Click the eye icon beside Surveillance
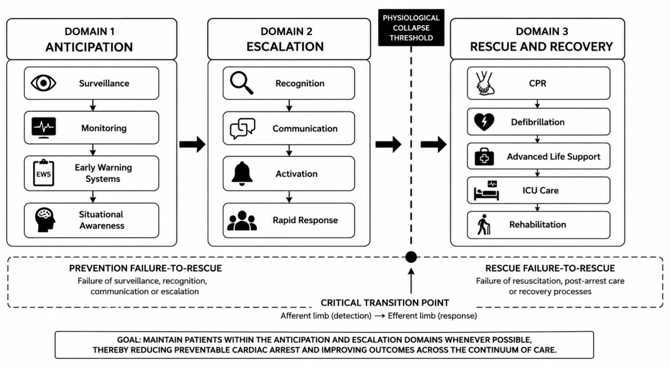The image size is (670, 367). coord(43,83)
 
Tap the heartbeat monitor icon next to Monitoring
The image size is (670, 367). coord(44,128)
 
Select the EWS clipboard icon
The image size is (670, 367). coord(44,173)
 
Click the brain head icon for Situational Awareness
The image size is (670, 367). coord(45,220)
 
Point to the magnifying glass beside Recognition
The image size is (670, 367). coord(241,83)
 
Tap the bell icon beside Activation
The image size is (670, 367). coord(242,174)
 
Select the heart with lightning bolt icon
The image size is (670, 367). coord(484,122)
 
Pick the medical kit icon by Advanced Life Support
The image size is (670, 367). coord(484,157)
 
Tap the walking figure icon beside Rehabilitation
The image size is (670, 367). coord(483,224)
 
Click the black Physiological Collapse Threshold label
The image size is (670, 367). coord(411,28)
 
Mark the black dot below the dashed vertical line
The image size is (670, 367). coord(411,257)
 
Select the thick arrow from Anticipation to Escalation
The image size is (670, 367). coord(192,145)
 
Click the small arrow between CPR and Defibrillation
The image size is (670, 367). coord(537,104)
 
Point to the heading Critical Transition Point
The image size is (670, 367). coord(385,303)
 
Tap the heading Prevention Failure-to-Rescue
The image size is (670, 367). coord(146,268)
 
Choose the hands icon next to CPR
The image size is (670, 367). coord(485,83)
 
